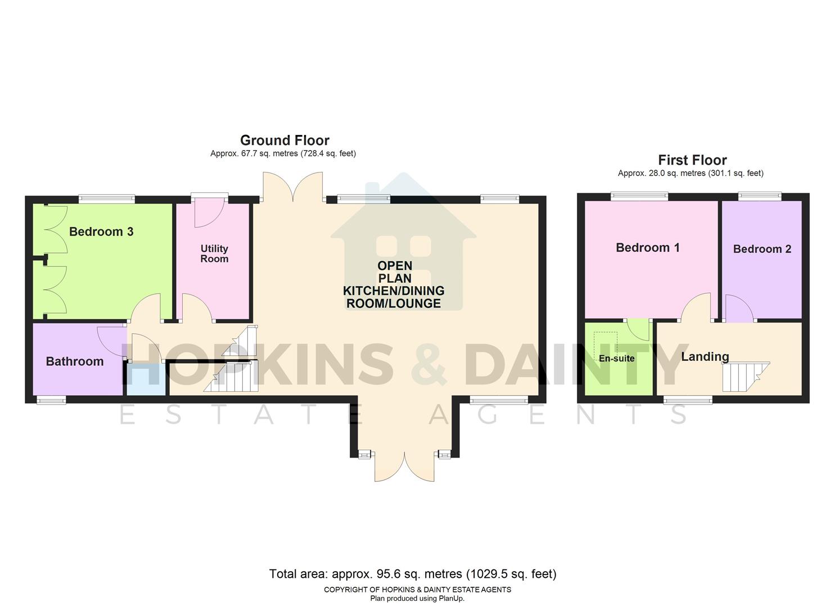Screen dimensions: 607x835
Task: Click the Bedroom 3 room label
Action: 101,232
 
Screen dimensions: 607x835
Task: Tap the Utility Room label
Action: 214,253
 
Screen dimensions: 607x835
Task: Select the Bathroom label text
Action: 75,361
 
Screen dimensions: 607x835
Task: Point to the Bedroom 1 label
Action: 648,247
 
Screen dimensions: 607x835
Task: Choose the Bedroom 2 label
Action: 762,249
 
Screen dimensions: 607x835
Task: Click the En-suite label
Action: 616,359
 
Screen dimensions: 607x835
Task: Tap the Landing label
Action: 705,356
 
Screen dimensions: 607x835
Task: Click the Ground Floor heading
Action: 285,140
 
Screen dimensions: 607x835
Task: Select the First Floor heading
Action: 692,160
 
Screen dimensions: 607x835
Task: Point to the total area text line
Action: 413,574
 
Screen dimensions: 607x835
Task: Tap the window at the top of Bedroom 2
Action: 760,196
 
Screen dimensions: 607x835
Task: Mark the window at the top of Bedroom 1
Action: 640,196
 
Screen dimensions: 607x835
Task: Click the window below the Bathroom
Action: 51,400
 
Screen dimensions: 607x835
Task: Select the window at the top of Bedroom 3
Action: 107,198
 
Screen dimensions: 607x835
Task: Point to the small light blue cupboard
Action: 146,379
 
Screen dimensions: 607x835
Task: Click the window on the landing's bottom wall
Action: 688,400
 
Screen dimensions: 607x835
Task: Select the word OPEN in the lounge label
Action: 395,266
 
